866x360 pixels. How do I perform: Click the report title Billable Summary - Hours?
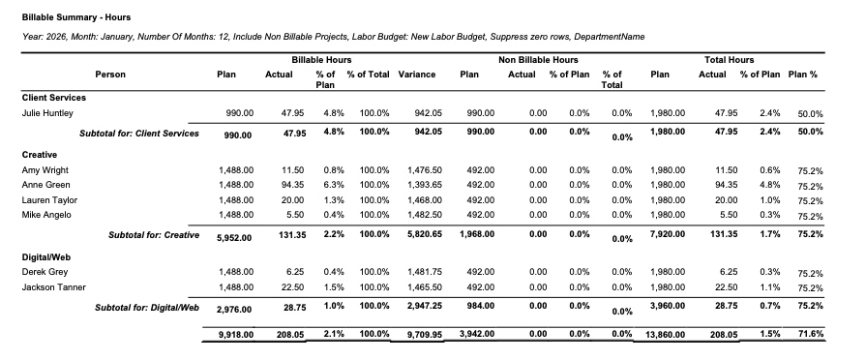pos(76,17)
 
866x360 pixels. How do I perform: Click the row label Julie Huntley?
pos(48,113)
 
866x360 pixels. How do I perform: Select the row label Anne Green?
pos(46,185)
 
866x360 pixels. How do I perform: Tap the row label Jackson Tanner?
pos(53,287)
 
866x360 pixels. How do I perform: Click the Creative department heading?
pos(40,154)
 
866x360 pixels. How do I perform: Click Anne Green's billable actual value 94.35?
pos(292,185)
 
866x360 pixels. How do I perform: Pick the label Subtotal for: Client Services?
pos(139,134)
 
